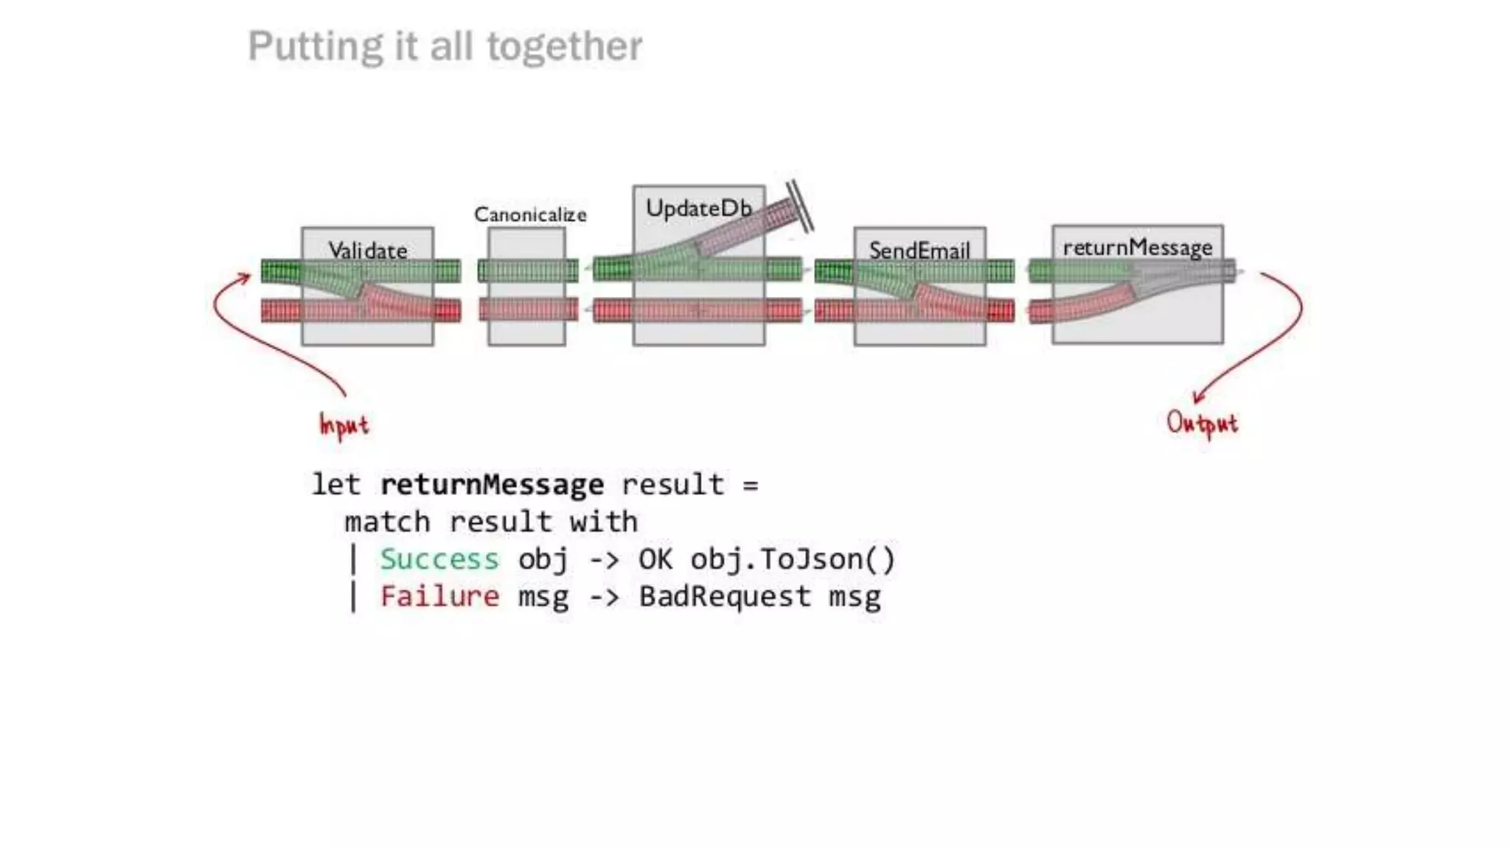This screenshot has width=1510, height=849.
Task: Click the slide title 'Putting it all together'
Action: (445, 46)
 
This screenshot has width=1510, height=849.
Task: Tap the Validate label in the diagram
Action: (367, 251)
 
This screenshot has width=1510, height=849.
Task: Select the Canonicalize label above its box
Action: (530, 214)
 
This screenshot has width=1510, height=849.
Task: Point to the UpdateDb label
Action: (698, 209)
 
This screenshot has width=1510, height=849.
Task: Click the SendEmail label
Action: (919, 251)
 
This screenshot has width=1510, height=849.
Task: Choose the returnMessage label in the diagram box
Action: (1137, 248)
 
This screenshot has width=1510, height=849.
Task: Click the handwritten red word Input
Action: (344, 425)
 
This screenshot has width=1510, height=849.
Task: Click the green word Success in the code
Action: (439, 559)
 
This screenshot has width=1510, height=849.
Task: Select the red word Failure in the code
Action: (439, 596)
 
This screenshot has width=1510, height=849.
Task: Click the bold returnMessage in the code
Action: (492, 485)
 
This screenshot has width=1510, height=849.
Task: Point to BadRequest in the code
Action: (724, 596)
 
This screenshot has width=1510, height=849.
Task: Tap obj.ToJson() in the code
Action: (793, 559)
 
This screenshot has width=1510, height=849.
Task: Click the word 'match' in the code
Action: (387, 523)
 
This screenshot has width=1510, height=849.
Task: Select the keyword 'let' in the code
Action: (336, 485)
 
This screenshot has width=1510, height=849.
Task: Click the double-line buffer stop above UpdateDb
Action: (800, 206)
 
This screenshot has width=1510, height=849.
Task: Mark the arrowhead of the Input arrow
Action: (245, 278)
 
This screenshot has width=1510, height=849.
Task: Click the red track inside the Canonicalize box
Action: (527, 310)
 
